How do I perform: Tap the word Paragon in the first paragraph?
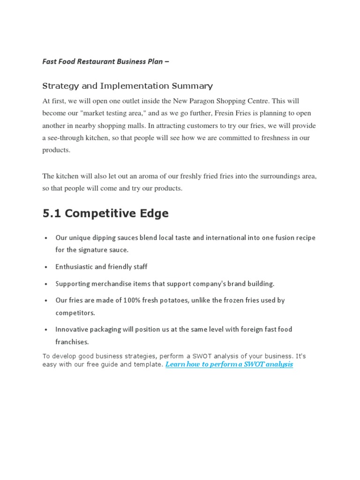pos(213,101)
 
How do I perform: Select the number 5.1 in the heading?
pos(52,214)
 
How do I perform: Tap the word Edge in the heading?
pos(151,214)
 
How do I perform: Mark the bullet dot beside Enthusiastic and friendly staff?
pos(45,267)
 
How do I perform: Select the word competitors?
pos(75,312)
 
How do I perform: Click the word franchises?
pos(72,342)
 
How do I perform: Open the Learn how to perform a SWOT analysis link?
pos(229,364)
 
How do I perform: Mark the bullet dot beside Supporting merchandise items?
pos(45,284)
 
